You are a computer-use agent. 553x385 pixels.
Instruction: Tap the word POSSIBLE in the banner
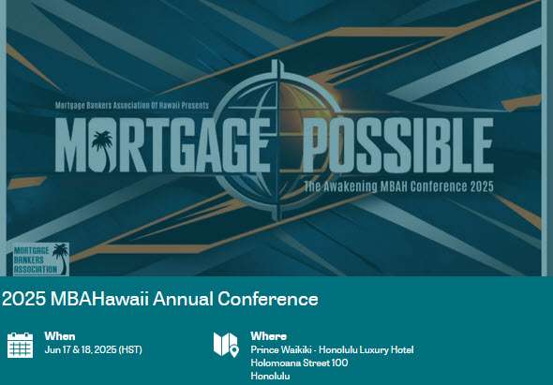(398, 145)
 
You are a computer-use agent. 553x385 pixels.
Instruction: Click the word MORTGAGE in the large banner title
(162, 145)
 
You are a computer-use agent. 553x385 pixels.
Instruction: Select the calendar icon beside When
(20, 345)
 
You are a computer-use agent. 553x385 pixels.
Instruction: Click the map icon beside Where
(226, 345)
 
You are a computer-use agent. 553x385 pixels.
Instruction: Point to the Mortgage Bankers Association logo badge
(41, 259)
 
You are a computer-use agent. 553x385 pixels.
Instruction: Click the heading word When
(60, 336)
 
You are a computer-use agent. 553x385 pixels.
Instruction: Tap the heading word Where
(268, 336)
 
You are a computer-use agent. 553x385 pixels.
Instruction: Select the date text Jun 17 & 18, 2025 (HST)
(94, 349)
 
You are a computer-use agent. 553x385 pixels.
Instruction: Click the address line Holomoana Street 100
(299, 363)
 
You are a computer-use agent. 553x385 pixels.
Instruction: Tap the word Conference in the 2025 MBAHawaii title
(268, 299)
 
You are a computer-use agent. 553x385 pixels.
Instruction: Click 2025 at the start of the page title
(24, 299)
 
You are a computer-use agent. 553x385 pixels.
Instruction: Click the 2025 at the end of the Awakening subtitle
(482, 186)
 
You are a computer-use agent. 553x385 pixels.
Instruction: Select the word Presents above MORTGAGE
(195, 105)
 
